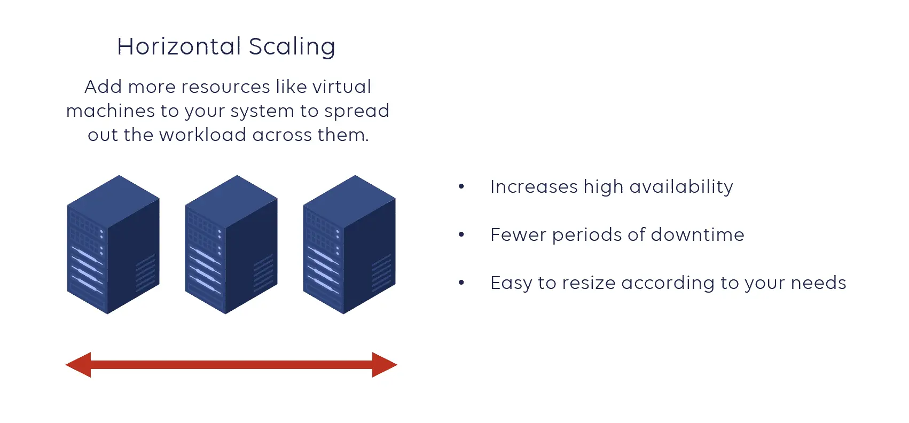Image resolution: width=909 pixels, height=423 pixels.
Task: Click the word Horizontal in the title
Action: pyautogui.click(x=179, y=46)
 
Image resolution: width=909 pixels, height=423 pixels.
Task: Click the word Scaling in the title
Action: pyautogui.click(x=292, y=47)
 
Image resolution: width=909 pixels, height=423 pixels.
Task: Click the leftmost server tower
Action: pyautogui.click(x=113, y=245)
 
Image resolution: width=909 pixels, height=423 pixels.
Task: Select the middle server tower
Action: pyautogui.click(x=231, y=245)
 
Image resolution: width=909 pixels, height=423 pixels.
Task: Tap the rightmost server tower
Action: pyautogui.click(x=349, y=245)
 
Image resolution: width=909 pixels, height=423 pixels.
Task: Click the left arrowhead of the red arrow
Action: pyautogui.click(x=79, y=365)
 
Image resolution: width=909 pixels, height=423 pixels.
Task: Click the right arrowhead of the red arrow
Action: pyautogui.click(x=383, y=365)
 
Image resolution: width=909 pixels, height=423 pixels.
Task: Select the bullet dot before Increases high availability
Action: pyautogui.click(x=461, y=186)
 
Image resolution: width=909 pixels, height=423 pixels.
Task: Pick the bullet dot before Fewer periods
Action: pyautogui.click(x=461, y=234)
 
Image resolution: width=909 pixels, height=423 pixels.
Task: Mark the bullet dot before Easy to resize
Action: pyautogui.click(x=461, y=283)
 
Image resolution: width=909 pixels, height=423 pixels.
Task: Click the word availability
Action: pyautogui.click(x=681, y=186)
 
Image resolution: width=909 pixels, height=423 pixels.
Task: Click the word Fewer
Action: pyautogui.click(x=518, y=234)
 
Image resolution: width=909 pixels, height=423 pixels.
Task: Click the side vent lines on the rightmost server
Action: pyautogui.click(x=381, y=273)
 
